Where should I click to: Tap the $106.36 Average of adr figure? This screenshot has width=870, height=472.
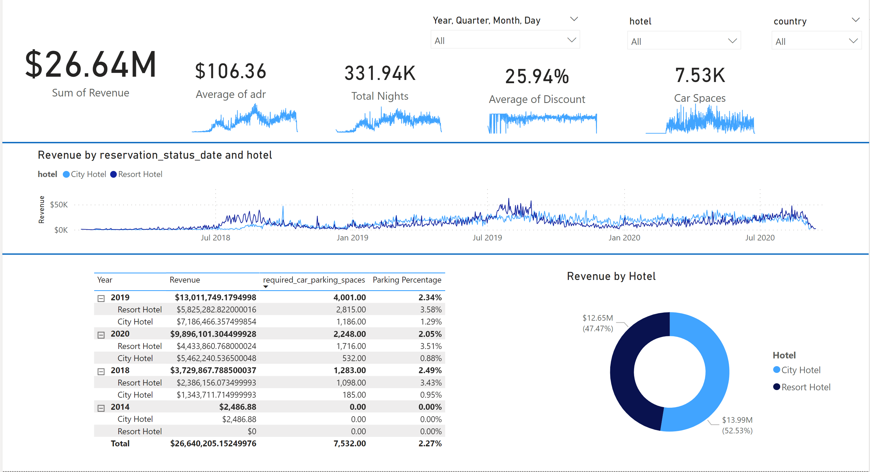(x=231, y=71)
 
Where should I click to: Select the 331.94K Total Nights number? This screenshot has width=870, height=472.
(x=380, y=73)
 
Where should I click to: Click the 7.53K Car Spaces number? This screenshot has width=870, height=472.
(x=700, y=75)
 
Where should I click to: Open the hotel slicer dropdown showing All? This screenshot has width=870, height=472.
(x=684, y=41)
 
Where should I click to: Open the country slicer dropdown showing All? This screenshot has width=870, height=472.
(x=816, y=41)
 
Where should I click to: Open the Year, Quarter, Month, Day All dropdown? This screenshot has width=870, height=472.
(x=505, y=40)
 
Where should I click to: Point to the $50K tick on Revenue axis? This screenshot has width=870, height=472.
(x=59, y=205)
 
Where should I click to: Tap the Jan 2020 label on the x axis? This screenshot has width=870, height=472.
(x=624, y=238)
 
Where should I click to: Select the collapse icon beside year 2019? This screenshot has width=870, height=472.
(x=101, y=298)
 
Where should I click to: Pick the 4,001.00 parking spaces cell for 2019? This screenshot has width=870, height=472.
(x=349, y=298)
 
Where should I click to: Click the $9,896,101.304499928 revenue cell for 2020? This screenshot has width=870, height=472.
(x=213, y=334)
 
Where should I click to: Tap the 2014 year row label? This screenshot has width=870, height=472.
(x=120, y=407)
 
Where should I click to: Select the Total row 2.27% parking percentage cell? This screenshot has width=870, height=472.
(x=430, y=444)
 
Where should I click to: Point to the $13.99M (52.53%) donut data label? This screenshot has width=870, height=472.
(x=737, y=425)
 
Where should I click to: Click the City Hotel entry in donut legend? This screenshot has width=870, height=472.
(x=800, y=370)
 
